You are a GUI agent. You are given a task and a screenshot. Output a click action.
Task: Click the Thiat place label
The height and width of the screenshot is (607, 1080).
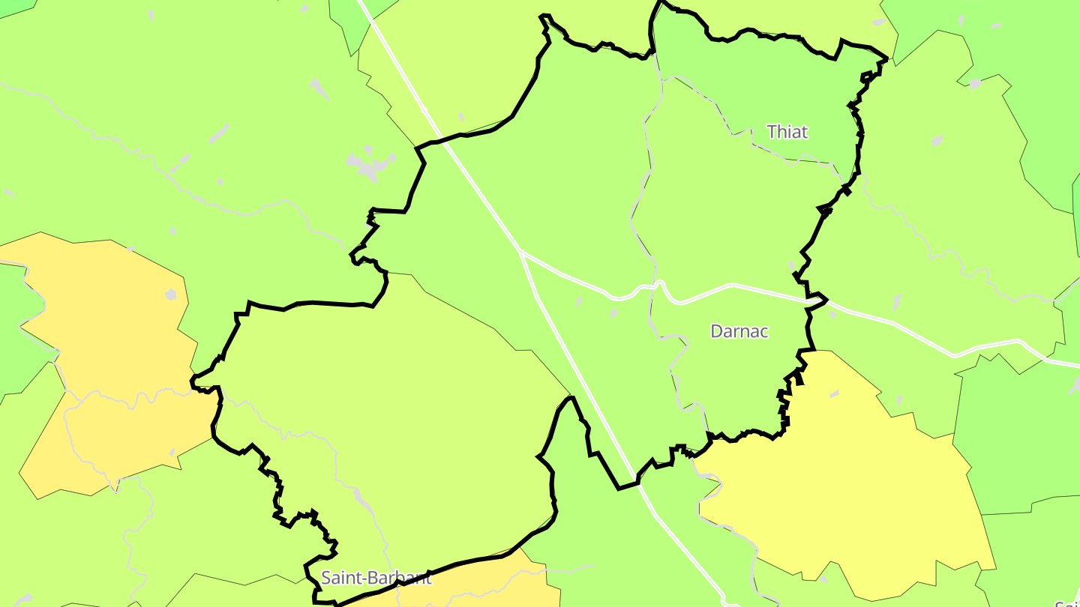coord(787,133)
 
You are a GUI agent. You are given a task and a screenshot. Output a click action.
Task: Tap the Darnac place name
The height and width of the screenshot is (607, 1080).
coord(739,331)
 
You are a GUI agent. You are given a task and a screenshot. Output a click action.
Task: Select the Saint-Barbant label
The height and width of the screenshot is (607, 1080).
coord(376,578)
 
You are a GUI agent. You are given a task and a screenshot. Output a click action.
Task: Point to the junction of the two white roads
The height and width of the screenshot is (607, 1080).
coord(520,250)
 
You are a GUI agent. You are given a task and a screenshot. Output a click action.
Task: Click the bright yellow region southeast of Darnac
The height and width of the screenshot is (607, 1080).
coord(840,480)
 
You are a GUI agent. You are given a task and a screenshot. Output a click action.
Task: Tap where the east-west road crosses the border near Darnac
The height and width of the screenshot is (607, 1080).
coord(817,301)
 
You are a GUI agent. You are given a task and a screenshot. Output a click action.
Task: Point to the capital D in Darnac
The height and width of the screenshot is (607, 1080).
coord(716,331)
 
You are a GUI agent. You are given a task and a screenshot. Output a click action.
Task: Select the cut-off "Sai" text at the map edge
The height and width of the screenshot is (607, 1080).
coord(1066,603)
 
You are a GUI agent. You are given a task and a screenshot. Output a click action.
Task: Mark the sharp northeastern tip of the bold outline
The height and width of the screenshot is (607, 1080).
coord(887,58)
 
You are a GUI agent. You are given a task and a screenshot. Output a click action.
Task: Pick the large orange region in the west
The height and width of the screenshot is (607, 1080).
coord(105,315)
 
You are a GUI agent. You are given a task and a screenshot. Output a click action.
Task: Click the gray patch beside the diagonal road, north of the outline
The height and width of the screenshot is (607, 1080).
coord(461,117)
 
